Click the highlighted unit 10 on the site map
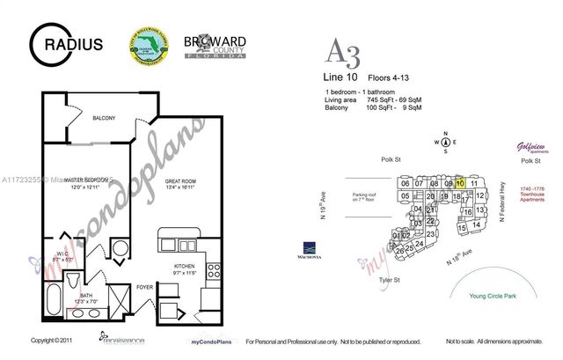[x=460, y=183]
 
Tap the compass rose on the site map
[x=446, y=143]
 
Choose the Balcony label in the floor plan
[x=103, y=117]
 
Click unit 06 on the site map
[x=405, y=183]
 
